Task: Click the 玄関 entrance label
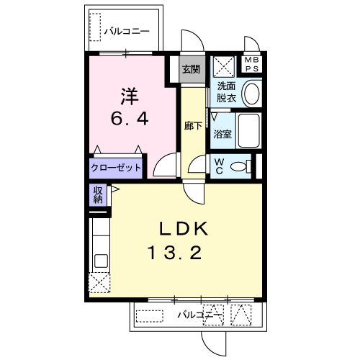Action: pyautogui.click(x=191, y=69)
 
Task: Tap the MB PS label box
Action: pyautogui.click(x=251, y=64)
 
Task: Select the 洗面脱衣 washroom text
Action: pyautogui.click(x=226, y=92)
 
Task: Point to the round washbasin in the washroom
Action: pyautogui.click(x=252, y=94)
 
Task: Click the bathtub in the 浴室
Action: pyautogui.click(x=248, y=131)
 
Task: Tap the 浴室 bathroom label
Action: pyautogui.click(x=222, y=134)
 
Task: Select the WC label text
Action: pyautogui.click(x=219, y=166)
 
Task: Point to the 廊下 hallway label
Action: pyautogui.click(x=193, y=125)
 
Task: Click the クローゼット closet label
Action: pyautogui.click(x=116, y=168)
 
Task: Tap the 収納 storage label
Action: pyautogui.click(x=98, y=194)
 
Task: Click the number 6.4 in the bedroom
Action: pyautogui.click(x=130, y=119)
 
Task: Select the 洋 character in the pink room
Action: pyautogui.click(x=130, y=96)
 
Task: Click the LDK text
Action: pyautogui.click(x=184, y=228)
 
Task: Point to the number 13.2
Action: pyautogui.click(x=175, y=253)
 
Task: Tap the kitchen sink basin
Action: pyautogui.click(x=101, y=261)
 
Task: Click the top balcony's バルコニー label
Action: pyautogui.click(x=127, y=32)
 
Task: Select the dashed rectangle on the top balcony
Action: pyautogui.click(x=95, y=27)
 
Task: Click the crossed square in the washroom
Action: pyautogui.click(x=224, y=67)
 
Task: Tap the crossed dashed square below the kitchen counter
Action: pyautogui.click(x=99, y=282)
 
